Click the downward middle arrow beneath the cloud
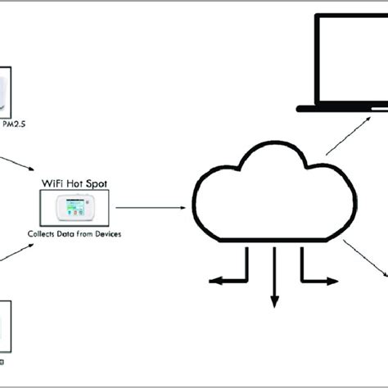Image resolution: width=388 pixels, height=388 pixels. click(x=274, y=278)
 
